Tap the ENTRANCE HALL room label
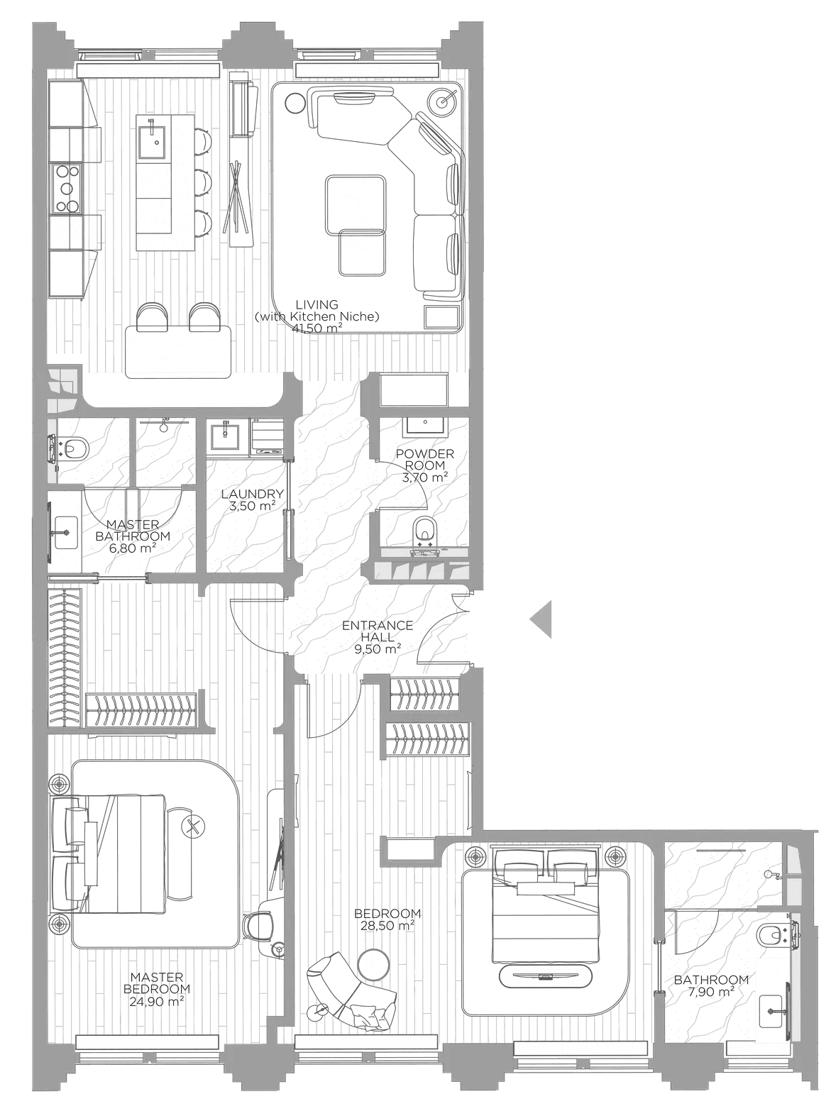pos(378,631)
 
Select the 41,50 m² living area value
pos(317,328)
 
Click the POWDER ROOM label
pos(425,459)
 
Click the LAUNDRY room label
pos(252,494)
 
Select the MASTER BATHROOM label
pos(133,530)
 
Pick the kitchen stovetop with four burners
pos(66,189)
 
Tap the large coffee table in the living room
pos(356,205)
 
